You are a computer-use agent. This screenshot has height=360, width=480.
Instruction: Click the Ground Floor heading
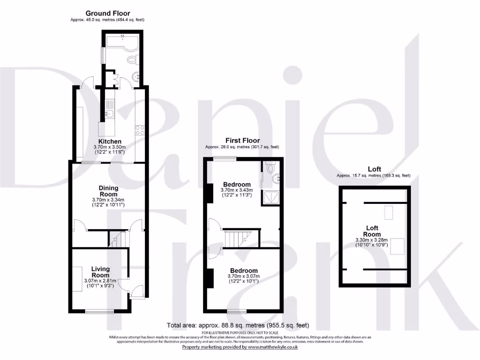[x=108, y=14]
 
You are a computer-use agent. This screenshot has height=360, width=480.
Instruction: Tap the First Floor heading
[x=242, y=141]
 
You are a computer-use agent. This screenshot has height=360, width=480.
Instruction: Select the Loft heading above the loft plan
[x=374, y=169]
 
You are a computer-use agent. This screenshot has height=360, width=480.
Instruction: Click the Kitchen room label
[x=110, y=142]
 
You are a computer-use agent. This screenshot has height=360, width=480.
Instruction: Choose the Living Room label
[x=100, y=272]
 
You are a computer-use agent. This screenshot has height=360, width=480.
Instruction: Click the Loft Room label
[x=374, y=231]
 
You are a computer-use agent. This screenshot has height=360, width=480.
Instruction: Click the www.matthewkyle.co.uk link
[x=272, y=347]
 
